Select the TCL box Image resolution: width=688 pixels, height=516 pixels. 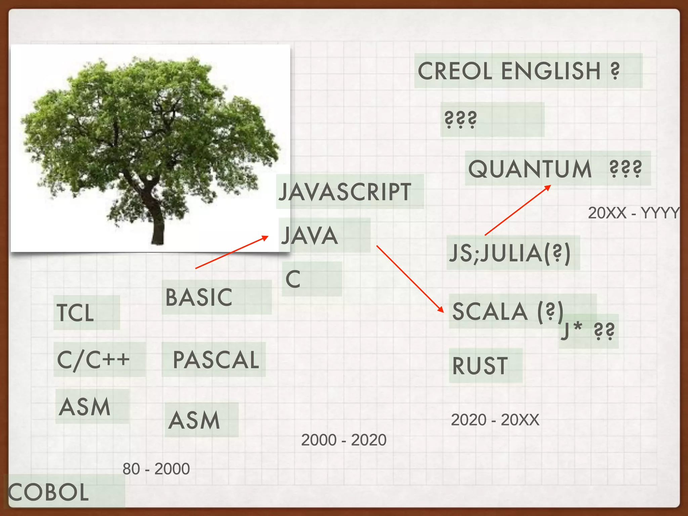point(86,312)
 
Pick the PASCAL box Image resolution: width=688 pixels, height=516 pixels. point(215,359)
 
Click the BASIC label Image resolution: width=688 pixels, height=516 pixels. point(199,297)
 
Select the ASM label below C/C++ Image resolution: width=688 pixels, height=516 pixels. point(85,406)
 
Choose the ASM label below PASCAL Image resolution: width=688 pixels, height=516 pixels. point(195,420)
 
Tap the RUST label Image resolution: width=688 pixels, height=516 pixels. point(480,365)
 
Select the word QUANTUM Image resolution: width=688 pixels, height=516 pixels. point(530,169)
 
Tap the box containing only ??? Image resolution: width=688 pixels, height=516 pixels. point(492,120)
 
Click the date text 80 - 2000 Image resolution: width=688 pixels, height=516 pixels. point(156,469)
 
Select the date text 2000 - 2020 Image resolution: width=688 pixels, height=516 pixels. point(344,440)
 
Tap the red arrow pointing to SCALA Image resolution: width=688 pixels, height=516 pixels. point(410,279)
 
